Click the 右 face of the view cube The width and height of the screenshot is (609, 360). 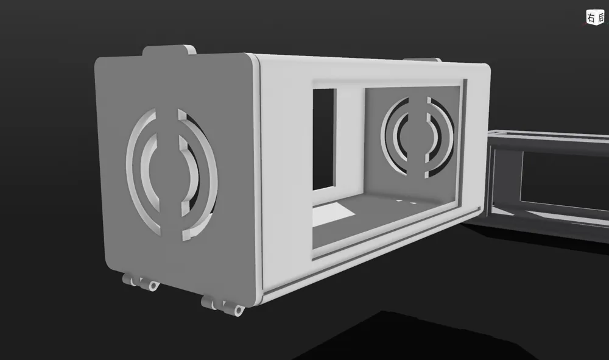pos(590,18)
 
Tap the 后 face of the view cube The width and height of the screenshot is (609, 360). pos(599,18)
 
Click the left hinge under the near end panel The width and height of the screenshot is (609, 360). pos(139,281)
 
